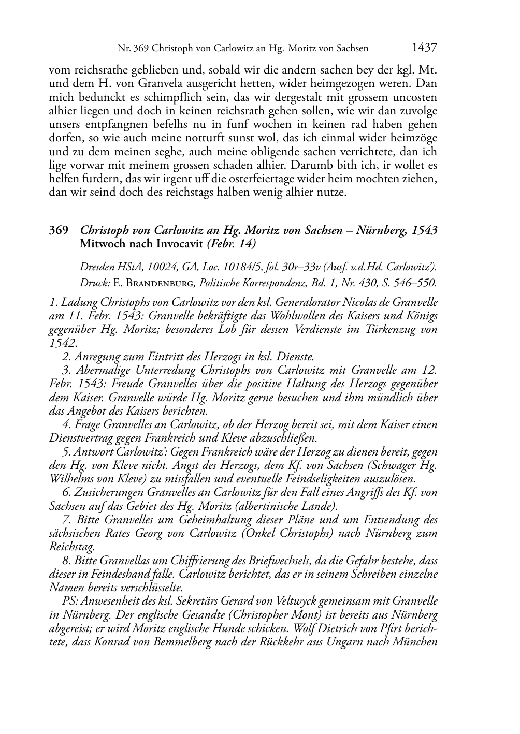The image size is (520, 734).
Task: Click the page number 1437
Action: coord(425,48)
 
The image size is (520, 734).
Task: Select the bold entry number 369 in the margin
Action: coord(59,230)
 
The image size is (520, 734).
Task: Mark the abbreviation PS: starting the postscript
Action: coord(71,601)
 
